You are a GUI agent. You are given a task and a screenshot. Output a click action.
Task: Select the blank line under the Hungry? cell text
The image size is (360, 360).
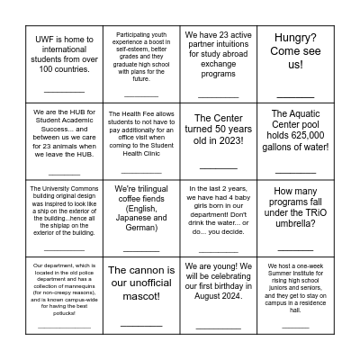click(295, 94)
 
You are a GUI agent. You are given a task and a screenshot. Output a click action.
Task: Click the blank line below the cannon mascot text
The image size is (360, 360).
click(141, 324)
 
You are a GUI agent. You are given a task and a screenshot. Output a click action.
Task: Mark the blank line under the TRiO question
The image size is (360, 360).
click(295, 247)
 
